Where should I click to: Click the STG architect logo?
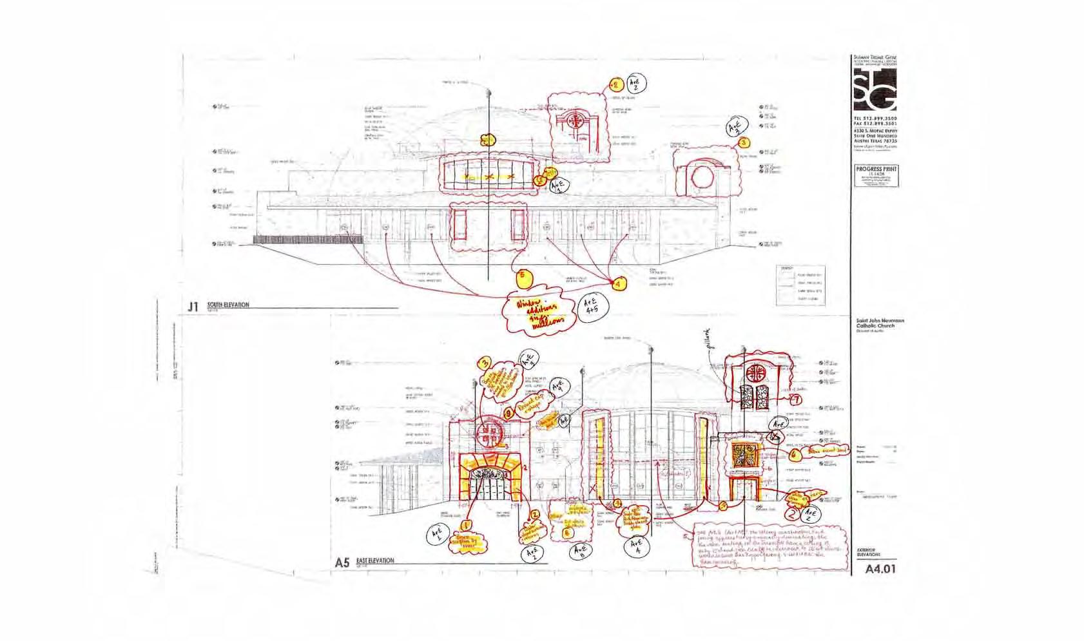click(x=875, y=90)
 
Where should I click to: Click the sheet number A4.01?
click(x=880, y=569)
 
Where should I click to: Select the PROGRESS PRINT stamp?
click(x=876, y=175)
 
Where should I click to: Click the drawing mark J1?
click(x=192, y=307)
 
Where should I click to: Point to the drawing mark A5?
click(x=342, y=563)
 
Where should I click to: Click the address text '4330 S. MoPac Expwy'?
click(x=875, y=132)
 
